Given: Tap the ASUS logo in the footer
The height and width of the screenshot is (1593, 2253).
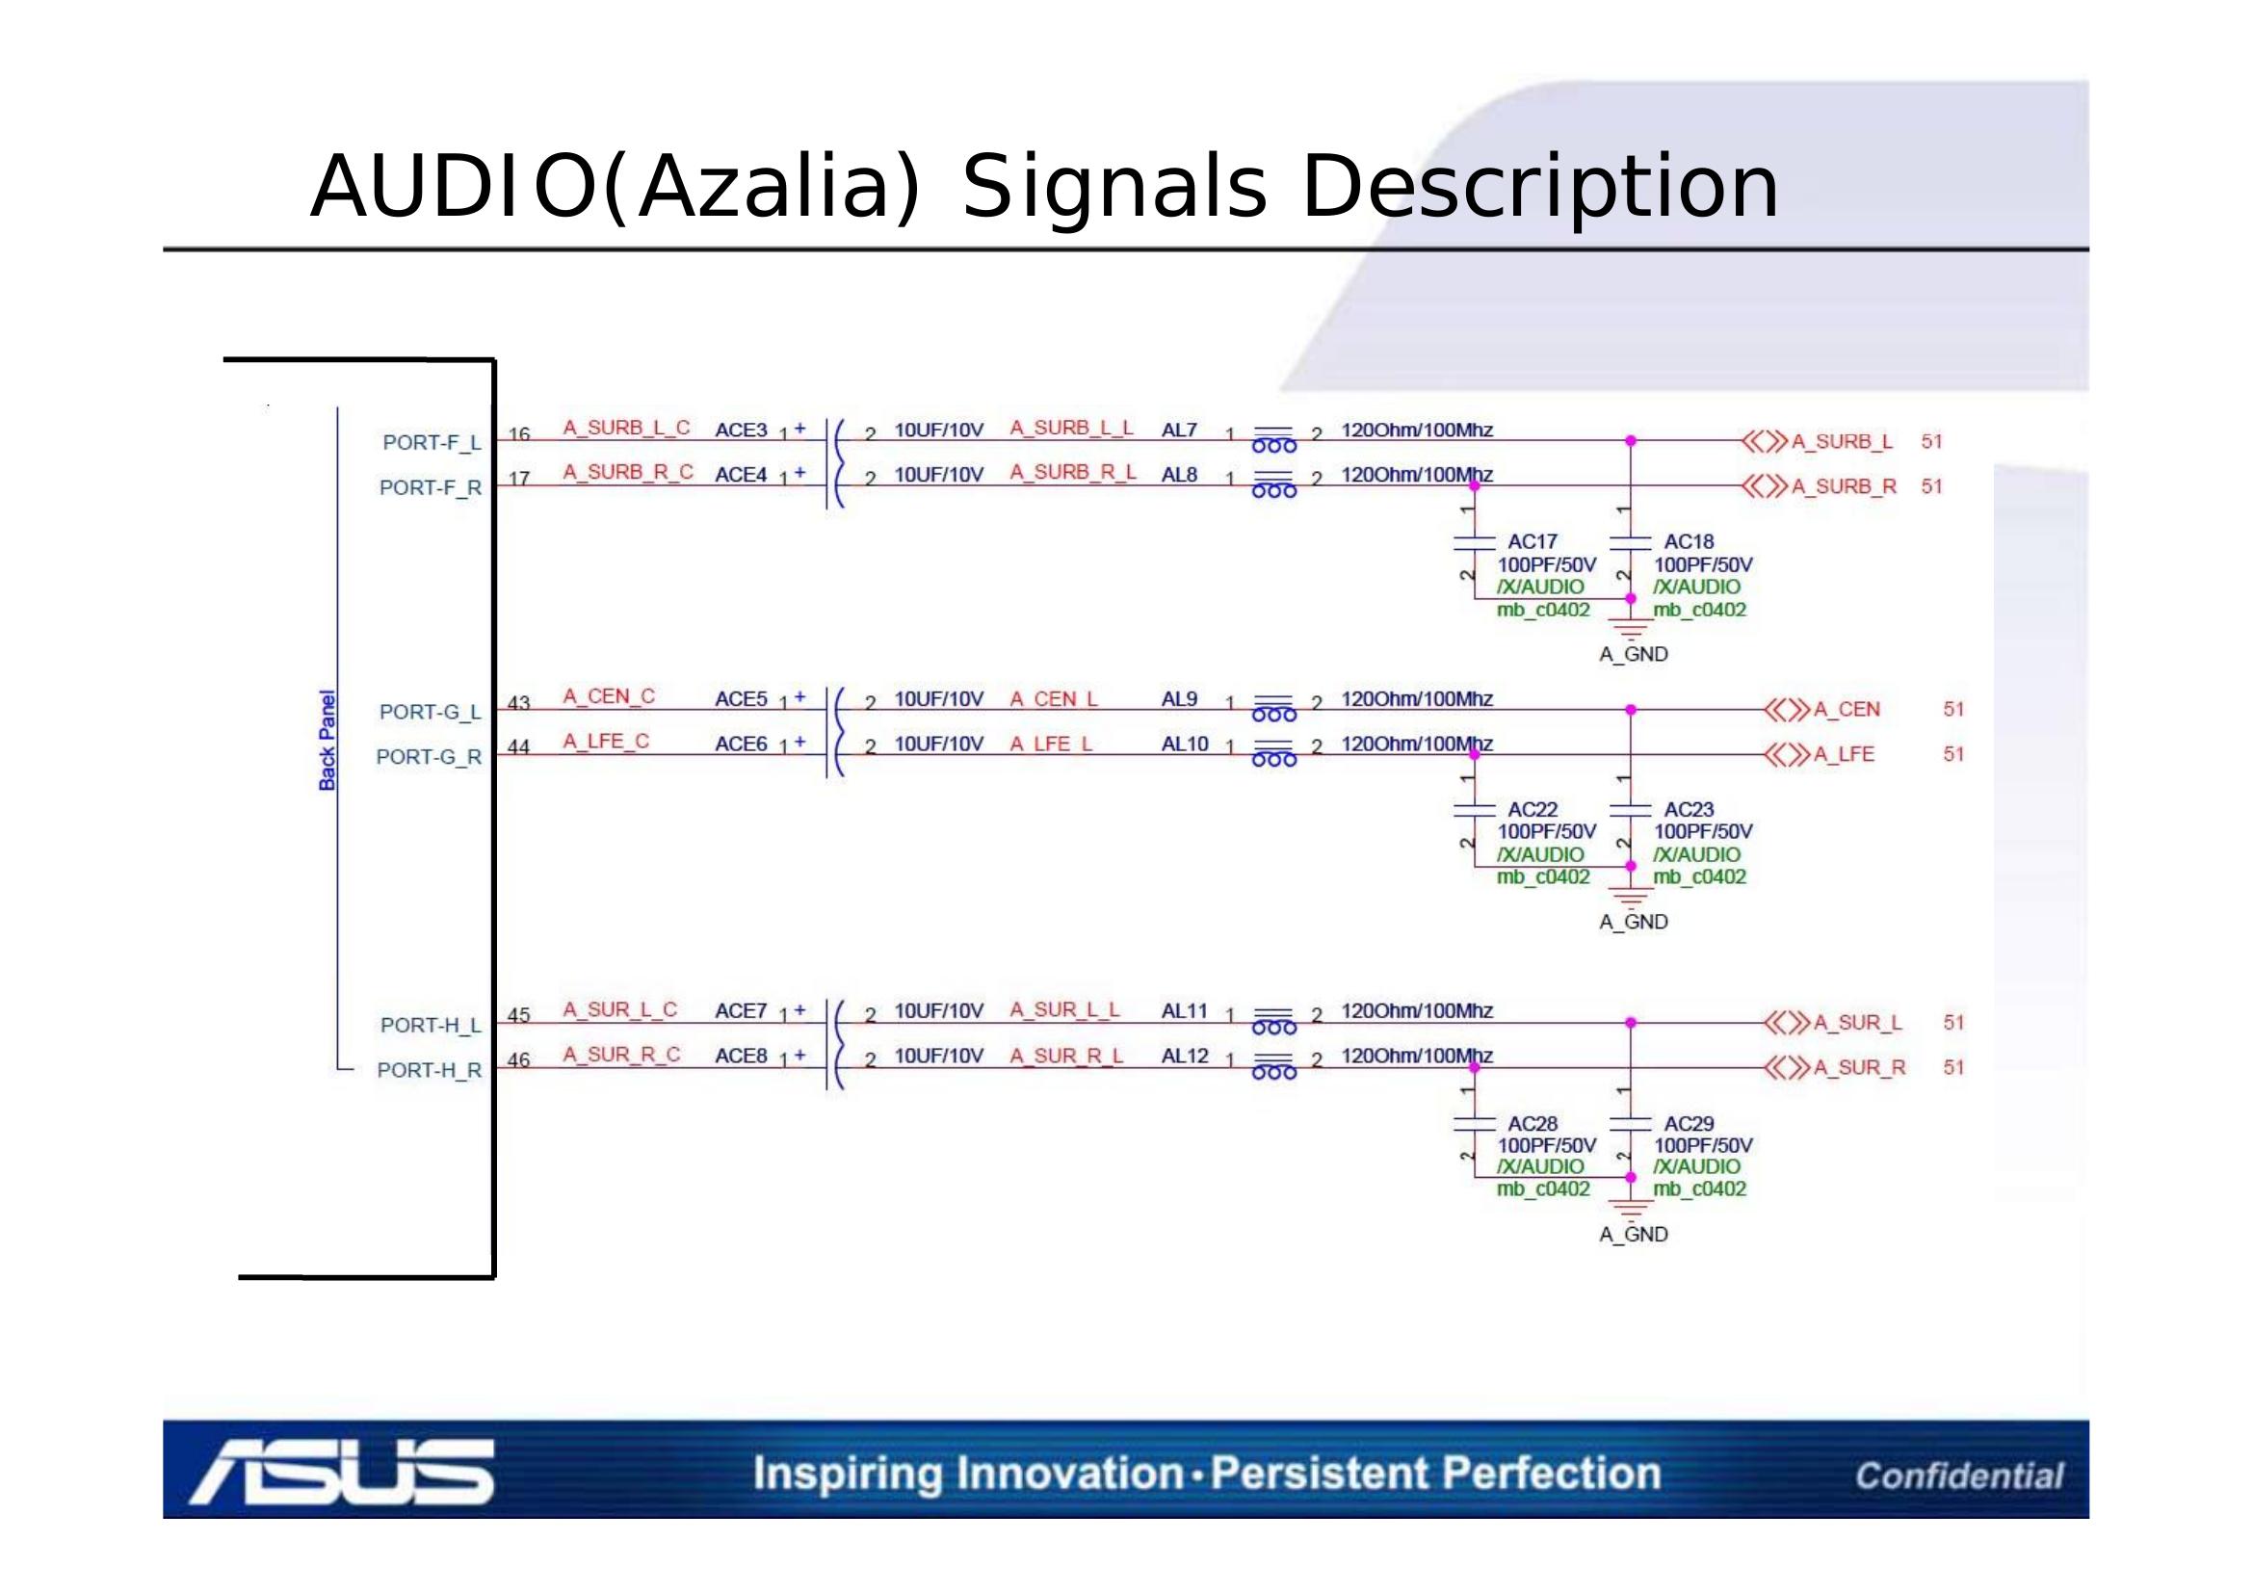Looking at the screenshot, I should coord(343,1472).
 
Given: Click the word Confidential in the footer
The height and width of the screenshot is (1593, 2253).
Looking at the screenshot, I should coord(1958,1475).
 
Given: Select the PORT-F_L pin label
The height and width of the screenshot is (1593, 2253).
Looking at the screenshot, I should coord(432,442).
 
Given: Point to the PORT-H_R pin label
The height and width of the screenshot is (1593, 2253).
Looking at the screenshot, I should coord(429,1070).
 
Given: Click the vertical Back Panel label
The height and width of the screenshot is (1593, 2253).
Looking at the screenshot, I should coord(327,741).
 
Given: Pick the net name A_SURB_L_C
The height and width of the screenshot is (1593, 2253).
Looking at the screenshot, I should coord(626,428).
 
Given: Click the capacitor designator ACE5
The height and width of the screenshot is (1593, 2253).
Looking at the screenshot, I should coord(741,699).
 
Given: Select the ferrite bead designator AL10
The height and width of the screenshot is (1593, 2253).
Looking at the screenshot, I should coord(1185,744).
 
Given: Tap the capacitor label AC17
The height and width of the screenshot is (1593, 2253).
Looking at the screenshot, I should coord(1532,541).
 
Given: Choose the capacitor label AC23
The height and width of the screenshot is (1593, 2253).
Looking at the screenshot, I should coord(1689,809).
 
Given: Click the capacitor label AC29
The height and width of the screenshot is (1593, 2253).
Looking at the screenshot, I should coord(1689,1123).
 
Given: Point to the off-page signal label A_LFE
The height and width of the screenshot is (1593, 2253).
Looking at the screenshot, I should coord(1844,754).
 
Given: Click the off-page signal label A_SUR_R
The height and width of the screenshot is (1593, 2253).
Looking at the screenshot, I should coord(1858,1067).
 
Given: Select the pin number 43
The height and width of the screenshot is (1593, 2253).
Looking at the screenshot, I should coord(519,703).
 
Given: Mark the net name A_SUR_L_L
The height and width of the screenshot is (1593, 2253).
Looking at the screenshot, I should coord(1064,1009).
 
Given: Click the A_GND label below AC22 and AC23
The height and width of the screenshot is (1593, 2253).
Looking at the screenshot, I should coord(1634,922).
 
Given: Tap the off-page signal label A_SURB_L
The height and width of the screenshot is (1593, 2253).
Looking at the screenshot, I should coord(1842,441).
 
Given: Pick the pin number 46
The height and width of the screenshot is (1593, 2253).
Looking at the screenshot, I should coord(519,1060).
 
